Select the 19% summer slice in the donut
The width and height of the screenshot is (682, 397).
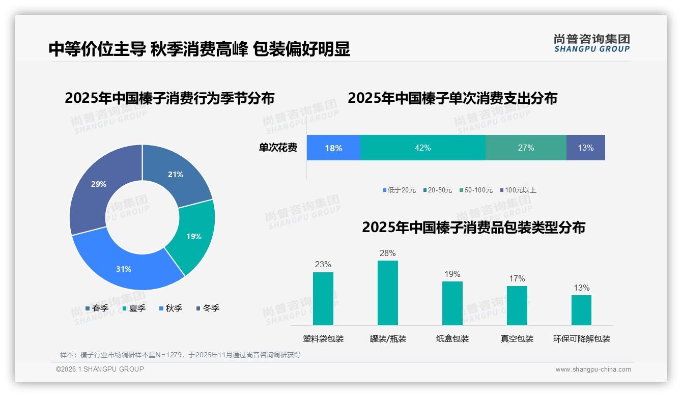tap(193, 237)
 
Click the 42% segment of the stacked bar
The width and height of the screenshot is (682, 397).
tap(422, 148)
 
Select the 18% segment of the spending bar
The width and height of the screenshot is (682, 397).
tap(333, 148)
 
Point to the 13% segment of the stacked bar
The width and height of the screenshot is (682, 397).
tap(585, 148)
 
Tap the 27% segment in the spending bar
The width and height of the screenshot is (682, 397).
tap(526, 148)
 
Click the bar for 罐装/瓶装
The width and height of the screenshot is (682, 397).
tap(388, 293)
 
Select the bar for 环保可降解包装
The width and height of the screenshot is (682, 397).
tap(581, 310)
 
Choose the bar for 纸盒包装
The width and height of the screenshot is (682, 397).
tap(452, 303)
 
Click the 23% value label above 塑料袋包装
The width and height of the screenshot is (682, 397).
tap(323, 264)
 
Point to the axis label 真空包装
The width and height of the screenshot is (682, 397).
tap(517, 338)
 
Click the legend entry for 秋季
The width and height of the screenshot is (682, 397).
tap(170, 308)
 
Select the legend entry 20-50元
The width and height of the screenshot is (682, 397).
tap(437, 190)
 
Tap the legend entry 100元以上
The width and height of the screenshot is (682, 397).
tap(518, 190)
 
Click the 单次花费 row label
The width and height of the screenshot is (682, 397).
tap(278, 148)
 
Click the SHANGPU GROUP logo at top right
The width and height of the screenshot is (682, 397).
tap(591, 43)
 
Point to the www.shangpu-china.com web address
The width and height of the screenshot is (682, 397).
tap(593, 369)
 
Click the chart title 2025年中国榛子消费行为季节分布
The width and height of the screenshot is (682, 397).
tap(169, 98)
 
